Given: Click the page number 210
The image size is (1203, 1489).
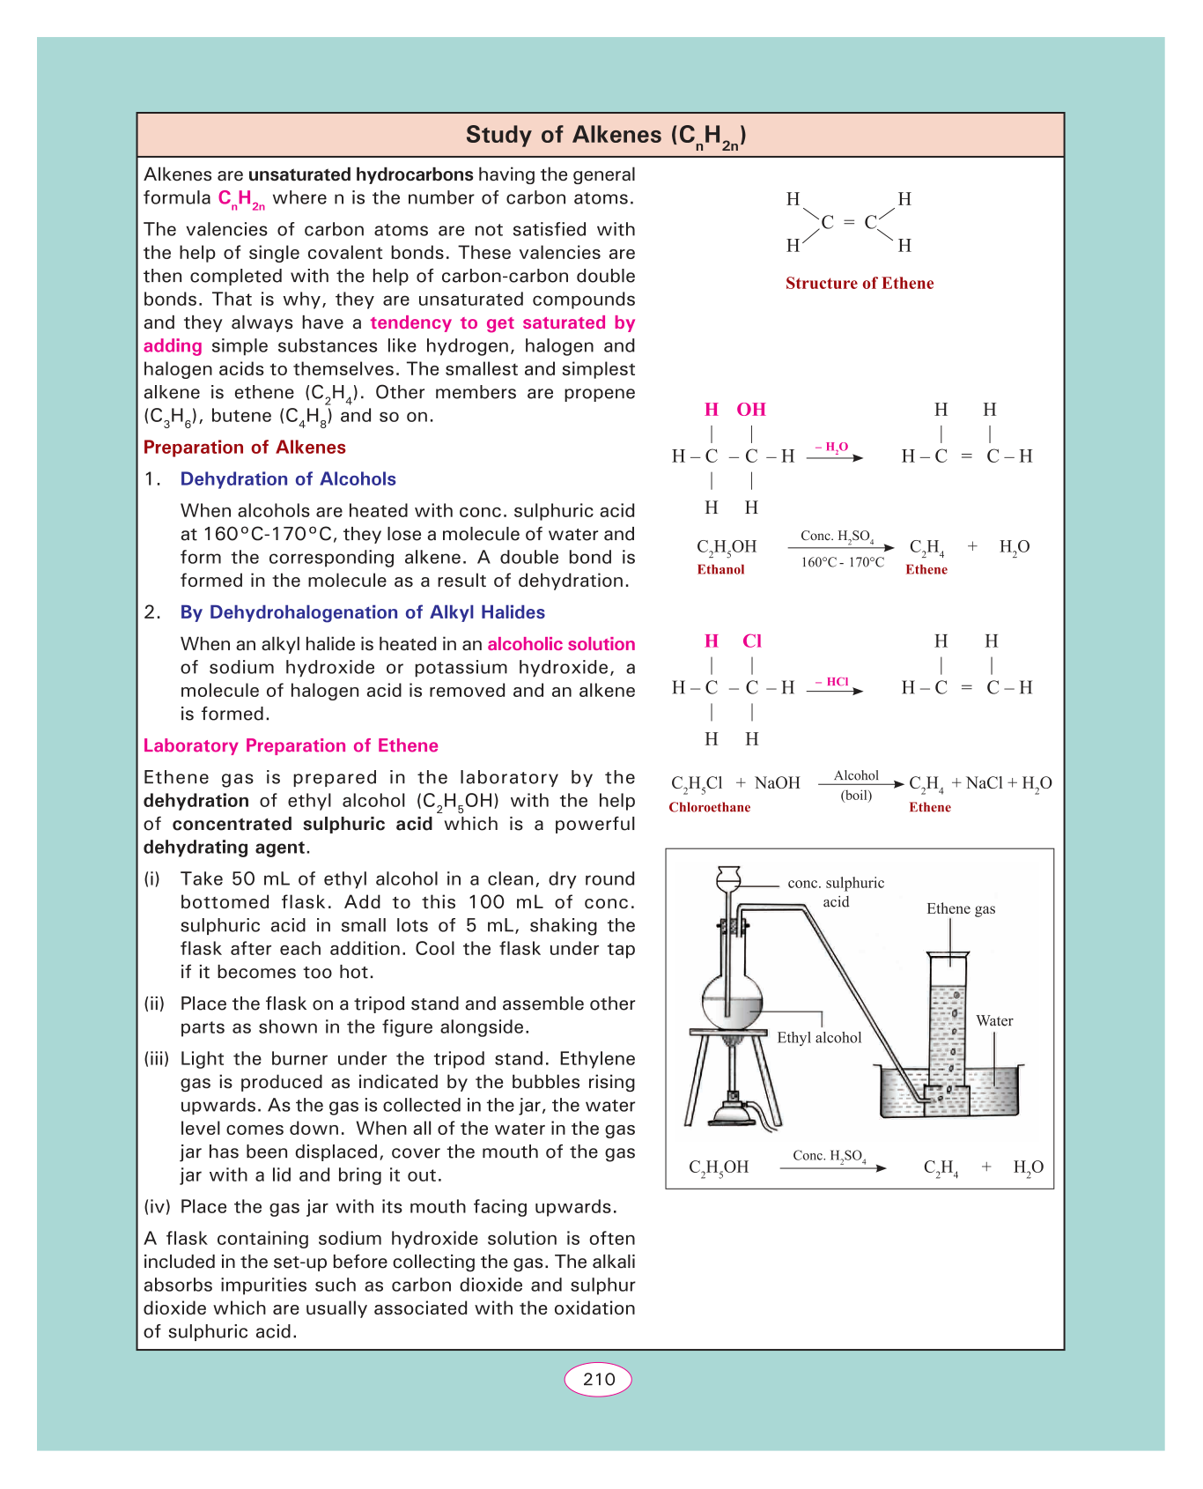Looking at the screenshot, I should tap(598, 1379).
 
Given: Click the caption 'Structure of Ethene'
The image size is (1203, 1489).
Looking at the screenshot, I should tap(859, 283).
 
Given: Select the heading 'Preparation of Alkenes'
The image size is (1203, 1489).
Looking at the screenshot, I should tap(244, 448).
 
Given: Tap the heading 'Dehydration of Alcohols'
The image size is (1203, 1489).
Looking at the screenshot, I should tap(288, 479).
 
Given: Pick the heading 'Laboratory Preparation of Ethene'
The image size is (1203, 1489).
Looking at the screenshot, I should tap(291, 745).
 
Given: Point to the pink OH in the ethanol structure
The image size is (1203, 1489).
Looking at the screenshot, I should tap(751, 410).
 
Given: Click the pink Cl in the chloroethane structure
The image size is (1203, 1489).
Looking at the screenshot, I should tap(751, 641).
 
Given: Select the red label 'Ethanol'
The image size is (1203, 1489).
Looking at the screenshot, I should tap(720, 569).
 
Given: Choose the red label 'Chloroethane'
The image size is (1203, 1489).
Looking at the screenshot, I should tap(709, 807).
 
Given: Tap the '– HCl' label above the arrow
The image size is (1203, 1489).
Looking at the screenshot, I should tap(831, 681).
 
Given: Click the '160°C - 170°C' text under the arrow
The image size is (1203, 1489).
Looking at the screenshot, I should tap(842, 562).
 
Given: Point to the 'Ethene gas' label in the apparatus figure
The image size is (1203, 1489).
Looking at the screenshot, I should tap(961, 908).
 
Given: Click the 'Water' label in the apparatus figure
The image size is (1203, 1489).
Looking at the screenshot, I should tap(994, 1020).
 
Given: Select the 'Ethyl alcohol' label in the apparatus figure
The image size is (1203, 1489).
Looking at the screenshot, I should tap(819, 1037).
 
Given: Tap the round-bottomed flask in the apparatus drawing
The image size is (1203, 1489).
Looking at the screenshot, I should tap(732, 1001).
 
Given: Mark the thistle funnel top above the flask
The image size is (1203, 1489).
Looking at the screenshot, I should tap(728, 877).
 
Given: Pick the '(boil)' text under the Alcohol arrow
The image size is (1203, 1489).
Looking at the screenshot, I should tap(856, 795).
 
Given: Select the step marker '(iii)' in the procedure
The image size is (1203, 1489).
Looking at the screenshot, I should tap(156, 1059).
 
